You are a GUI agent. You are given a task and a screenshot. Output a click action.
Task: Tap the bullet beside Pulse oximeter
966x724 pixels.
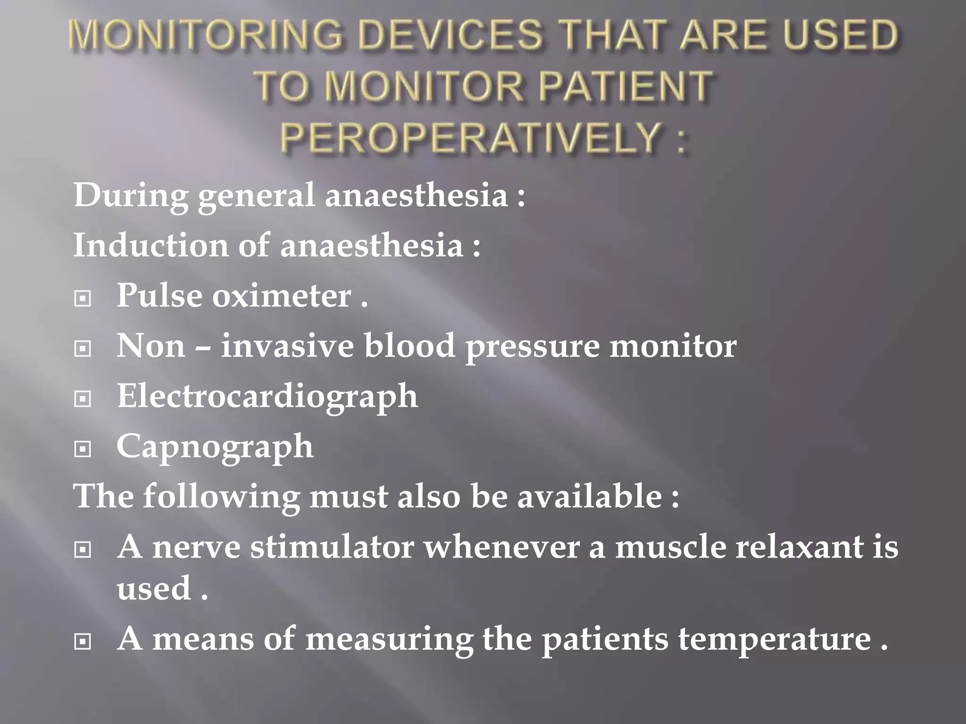(x=83, y=298)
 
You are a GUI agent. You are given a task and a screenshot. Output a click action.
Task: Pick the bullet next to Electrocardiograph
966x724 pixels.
(x=83, y=399)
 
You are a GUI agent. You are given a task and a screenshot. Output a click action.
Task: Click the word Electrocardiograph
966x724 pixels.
(x=267, y=397)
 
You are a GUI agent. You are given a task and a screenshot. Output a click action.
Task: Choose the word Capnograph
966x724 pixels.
(x=215, y=447)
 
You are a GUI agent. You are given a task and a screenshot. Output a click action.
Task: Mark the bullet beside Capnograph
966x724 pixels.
(x=83, y=449)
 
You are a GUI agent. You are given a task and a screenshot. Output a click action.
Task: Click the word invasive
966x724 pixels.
(x=287, y=346)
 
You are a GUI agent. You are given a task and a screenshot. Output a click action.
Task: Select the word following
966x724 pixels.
(x=221, y=497)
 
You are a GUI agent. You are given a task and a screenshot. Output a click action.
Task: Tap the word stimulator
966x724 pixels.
(x=332, y=547)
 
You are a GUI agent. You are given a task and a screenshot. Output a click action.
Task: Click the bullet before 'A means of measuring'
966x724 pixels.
(x=83, y=642)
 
